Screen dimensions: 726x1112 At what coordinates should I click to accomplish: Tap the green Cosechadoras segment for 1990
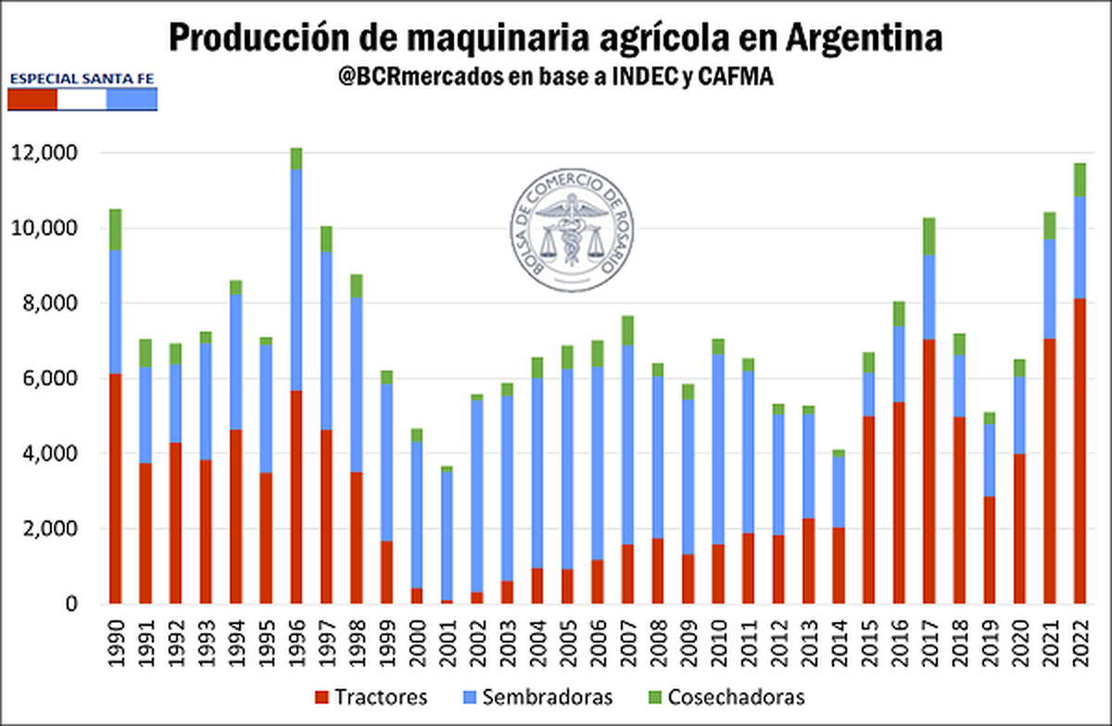(x=115, y=230)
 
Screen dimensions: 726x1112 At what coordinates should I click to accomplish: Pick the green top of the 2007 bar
(x=627, y=331)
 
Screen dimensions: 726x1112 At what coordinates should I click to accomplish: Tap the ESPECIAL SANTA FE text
(x=82, y=80)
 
